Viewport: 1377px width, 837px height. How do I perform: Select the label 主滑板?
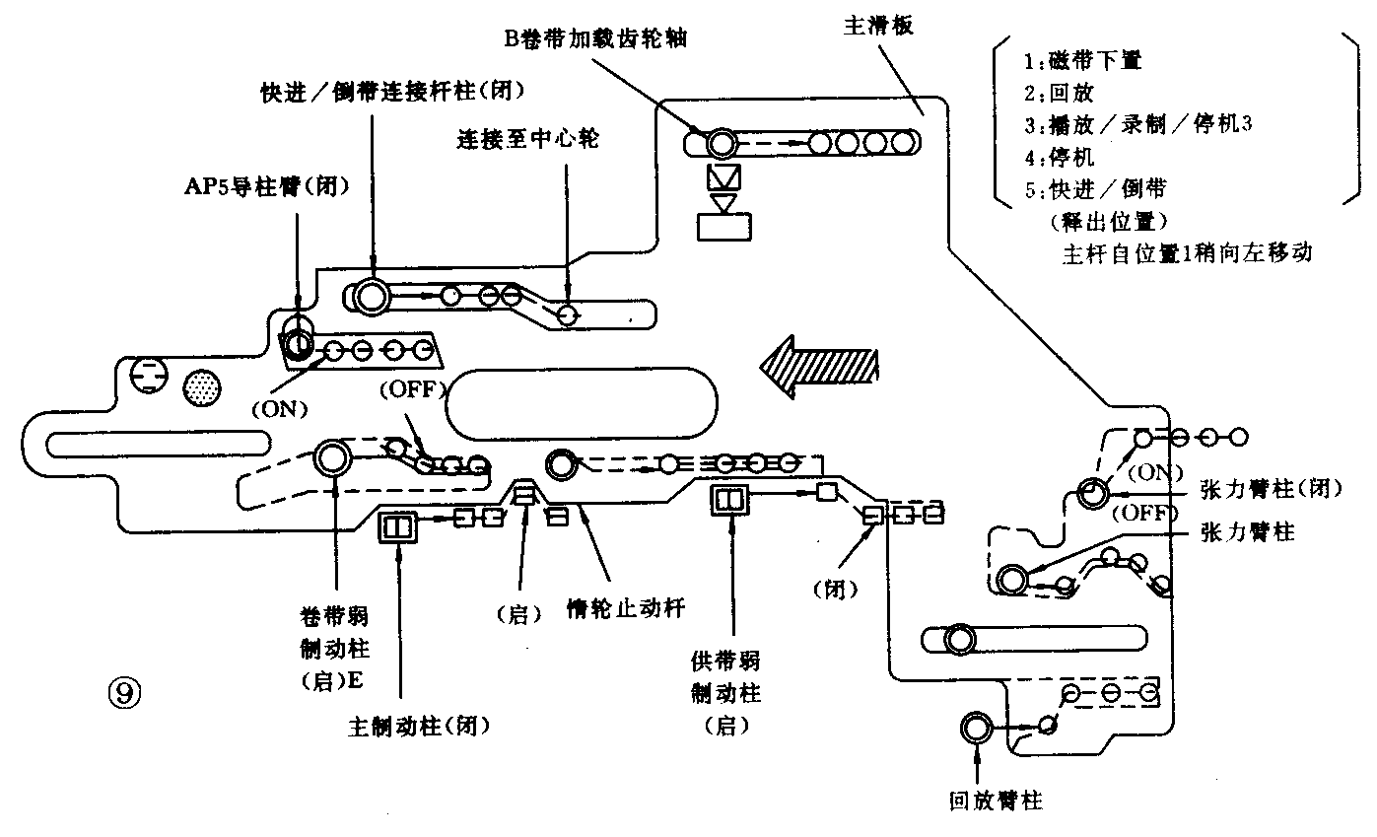pyautogui.click(x=878, y=26)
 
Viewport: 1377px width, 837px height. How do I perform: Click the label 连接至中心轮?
pyautogui.click(x=527, y=138)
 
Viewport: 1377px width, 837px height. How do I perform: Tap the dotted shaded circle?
pyautogui.click(x=203, y=385)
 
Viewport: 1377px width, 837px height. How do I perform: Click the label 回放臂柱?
pyautogui.click(x=995, y=801)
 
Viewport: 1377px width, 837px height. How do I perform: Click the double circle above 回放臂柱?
pyautogui.click(x=978, y=729)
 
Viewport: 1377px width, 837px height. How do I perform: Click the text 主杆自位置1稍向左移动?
pyautogui.click(x=1187, y=251)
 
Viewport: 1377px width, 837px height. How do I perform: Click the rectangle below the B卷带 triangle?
pyautogui.click(x=724, y=226)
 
